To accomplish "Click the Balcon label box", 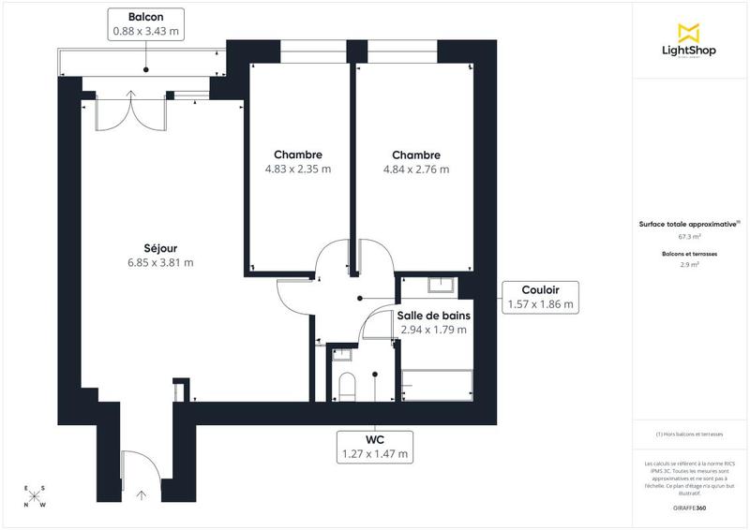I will pyautogui.click(x=144, y=24).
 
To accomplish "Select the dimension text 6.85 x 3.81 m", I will pyautogui.click(x=161, y=262).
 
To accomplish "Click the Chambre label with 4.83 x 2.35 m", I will pyautogui.click(x=298, y=155).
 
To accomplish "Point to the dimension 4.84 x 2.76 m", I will pyautogui.click(x=416, y=169).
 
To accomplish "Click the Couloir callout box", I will pyautogui.click(x=539, y=297).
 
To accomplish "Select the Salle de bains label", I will pyautogui.click(x=433, y=316).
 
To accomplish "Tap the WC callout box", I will pyautogui.click(x=375, y=447).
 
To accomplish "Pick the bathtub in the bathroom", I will pyautogui.click(x=435, y=385).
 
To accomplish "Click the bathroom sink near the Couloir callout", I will pyautogui.click(x=441, y=285).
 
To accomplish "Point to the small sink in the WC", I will pyautogui.click(x=340, y=354).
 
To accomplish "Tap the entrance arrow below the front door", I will pyautogui.click(x=142, y=494).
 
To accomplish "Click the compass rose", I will pyautogui.click(x=35, y=497).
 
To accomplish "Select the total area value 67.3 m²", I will pyautogui.click(x=689, y=237).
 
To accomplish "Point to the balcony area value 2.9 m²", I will pyautogui.click(x=689, y=265).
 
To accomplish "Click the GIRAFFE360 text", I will pyautogui.click(x=689, y=508).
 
